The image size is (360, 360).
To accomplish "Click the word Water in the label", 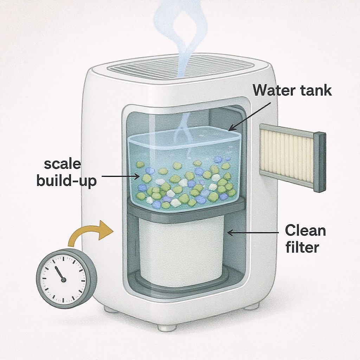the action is [273, 90].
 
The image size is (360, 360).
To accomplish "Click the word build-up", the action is [66, 181].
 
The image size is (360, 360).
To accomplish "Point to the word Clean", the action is [306, 230].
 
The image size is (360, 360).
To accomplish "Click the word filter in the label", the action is [302, 247].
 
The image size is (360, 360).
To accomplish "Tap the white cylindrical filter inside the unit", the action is [181, 251].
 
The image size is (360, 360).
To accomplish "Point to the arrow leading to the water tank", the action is [250, 117].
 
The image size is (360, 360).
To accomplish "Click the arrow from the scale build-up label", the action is [121, 176].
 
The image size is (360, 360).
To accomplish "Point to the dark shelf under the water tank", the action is [186, 209].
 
